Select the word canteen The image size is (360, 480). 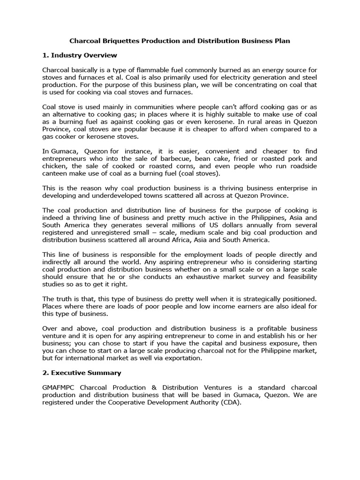[x=55, y=173]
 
